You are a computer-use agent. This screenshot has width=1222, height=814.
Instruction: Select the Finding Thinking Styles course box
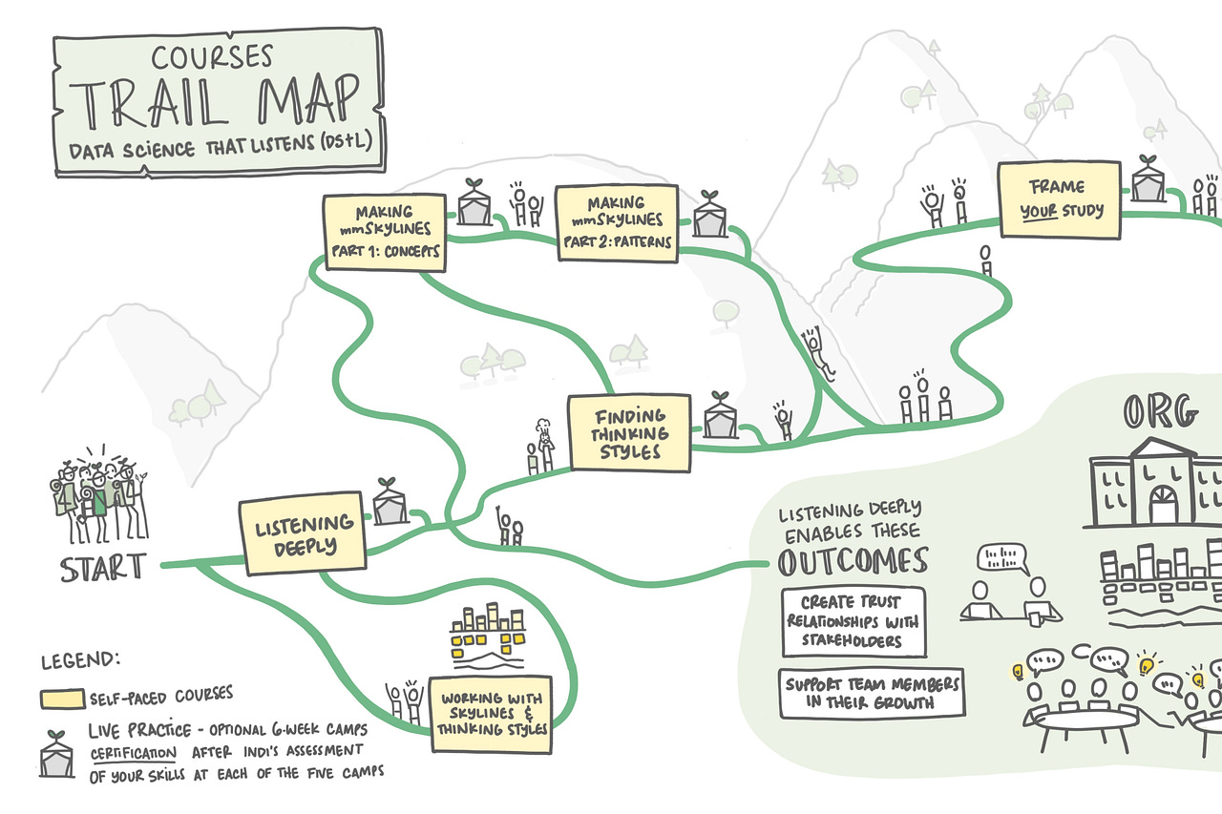click(629, 433)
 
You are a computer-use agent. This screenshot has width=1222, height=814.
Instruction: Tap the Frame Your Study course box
click(1058, 199)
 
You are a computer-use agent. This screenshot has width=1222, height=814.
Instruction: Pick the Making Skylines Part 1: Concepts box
click(384, 232)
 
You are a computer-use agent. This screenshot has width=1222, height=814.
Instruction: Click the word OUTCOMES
click(853, 562)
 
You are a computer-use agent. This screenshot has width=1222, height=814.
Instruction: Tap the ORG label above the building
click(1159, 413)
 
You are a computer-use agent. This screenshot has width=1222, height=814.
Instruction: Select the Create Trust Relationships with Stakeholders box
click(853, 622)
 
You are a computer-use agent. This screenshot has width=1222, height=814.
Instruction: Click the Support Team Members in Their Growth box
click(871, 694)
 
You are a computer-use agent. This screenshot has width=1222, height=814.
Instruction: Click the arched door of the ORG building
click(1163, 503)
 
